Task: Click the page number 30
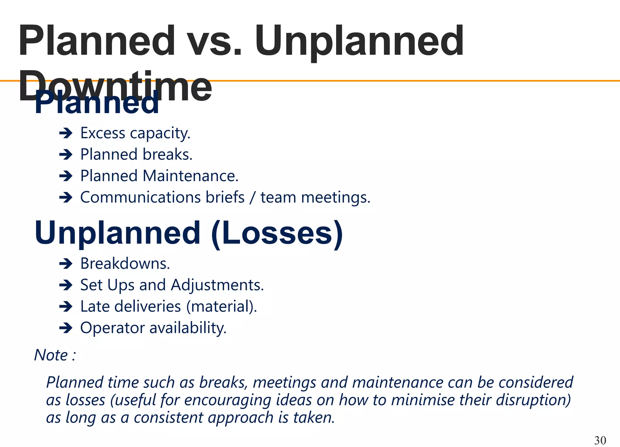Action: pos(600,440)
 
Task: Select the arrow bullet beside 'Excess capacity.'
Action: pos(66,133)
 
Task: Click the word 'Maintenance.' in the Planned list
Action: pos(190,176)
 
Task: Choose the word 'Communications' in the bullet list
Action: pos(140,197)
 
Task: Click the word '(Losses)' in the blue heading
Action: pos(277,233)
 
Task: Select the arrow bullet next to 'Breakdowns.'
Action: pos(66,264)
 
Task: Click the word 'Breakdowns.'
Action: pos(125,263)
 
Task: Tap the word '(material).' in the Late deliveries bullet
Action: pos(222,306)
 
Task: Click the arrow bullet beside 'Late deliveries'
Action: pos(66,307)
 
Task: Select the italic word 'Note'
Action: pos(51,355)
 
